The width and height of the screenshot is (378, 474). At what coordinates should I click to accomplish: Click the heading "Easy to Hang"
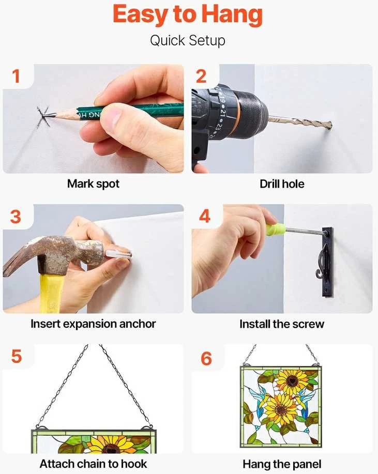188,15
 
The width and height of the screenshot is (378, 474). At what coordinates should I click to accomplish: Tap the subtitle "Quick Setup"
188,40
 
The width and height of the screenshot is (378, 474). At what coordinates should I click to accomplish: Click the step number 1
16,76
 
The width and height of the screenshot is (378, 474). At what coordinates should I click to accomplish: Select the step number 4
205,216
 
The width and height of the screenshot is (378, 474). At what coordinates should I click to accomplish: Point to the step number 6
206,359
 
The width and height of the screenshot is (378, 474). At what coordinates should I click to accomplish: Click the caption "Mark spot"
93,184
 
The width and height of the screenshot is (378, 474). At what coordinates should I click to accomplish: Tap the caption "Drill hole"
282,184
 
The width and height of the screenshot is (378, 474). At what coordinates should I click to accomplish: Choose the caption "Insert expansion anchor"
93,324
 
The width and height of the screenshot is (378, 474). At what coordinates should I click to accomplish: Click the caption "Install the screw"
282,324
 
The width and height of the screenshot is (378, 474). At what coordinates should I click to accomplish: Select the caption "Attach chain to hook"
93,464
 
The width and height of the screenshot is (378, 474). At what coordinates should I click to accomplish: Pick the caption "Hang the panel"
282,464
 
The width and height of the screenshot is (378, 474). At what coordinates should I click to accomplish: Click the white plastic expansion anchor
118,254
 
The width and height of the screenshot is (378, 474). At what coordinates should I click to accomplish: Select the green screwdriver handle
276,230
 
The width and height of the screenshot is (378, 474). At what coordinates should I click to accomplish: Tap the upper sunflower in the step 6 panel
290,380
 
